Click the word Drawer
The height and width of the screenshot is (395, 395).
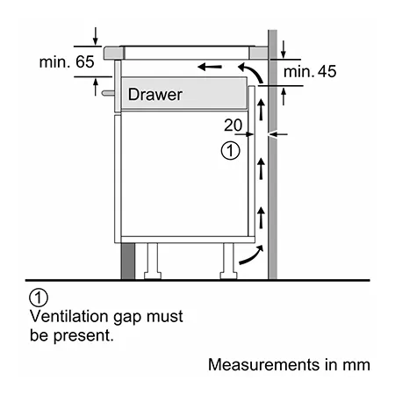(155, 95)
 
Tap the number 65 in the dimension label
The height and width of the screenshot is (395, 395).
(85, 61)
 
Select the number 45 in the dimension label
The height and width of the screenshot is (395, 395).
(327, 71)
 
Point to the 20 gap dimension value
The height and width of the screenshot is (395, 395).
(233, 125)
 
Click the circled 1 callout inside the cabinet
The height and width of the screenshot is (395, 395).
(230, 151)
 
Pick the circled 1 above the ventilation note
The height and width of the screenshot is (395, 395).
(39, 298)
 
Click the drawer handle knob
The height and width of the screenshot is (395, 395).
(108, 93)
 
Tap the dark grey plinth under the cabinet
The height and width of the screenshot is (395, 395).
(128, 261)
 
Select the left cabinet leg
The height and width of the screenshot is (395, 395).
(153, 261)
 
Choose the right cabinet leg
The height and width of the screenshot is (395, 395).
(228, 261)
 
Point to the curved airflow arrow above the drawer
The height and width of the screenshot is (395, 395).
(252, 70)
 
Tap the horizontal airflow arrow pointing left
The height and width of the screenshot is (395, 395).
(210, 67)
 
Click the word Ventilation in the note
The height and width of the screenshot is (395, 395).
(69, 316)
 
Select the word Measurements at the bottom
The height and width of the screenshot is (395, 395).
(264, 365)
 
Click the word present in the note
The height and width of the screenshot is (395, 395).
(83, 335)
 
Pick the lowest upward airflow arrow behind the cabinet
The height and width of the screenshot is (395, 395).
(261, 218)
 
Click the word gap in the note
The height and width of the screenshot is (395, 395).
(127, 318)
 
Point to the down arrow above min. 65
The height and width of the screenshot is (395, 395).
(96, 36)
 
